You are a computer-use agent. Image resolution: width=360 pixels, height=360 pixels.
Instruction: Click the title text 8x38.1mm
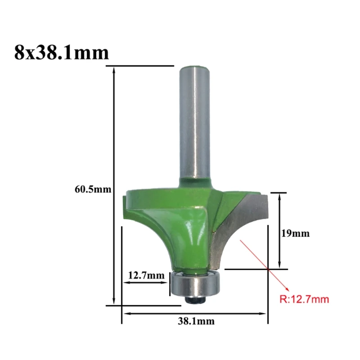[62, 53]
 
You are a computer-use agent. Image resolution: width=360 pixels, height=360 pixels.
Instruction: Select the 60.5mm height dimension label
[93, 189]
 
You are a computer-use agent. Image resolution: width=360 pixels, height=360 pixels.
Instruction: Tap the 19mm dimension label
[296, 234]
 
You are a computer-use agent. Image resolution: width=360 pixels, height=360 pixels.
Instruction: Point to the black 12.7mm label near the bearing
[146, 275]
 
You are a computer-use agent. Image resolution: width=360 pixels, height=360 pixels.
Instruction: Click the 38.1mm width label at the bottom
[196, 321]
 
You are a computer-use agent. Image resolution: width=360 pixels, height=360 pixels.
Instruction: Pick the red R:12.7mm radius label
[304, 299]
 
